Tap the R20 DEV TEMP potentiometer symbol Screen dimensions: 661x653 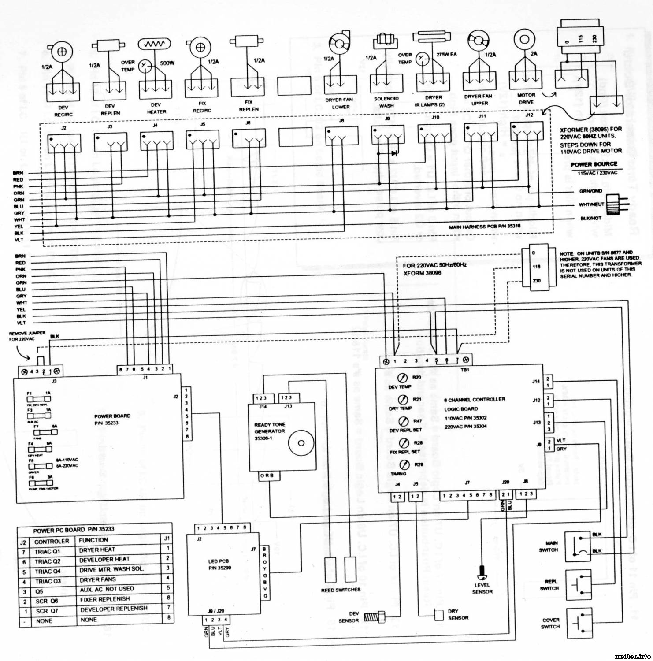[401, 378]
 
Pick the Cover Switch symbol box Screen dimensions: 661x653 [578, 623]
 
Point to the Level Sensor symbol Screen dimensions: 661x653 [482, 574]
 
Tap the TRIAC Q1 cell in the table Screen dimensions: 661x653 [48, 551]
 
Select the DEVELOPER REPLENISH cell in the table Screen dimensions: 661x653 [114, 609]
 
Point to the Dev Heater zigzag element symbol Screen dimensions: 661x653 [154, 45]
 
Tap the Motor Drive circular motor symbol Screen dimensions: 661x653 [524, 39]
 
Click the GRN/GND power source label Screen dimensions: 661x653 [591, 191]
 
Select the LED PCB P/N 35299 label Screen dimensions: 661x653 [219, 564]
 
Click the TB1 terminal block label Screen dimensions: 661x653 [464, 370]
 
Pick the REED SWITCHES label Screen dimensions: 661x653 [341, 590]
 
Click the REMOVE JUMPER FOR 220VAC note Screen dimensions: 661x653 [27, 336]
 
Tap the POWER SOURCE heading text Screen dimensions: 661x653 [594, 164]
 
